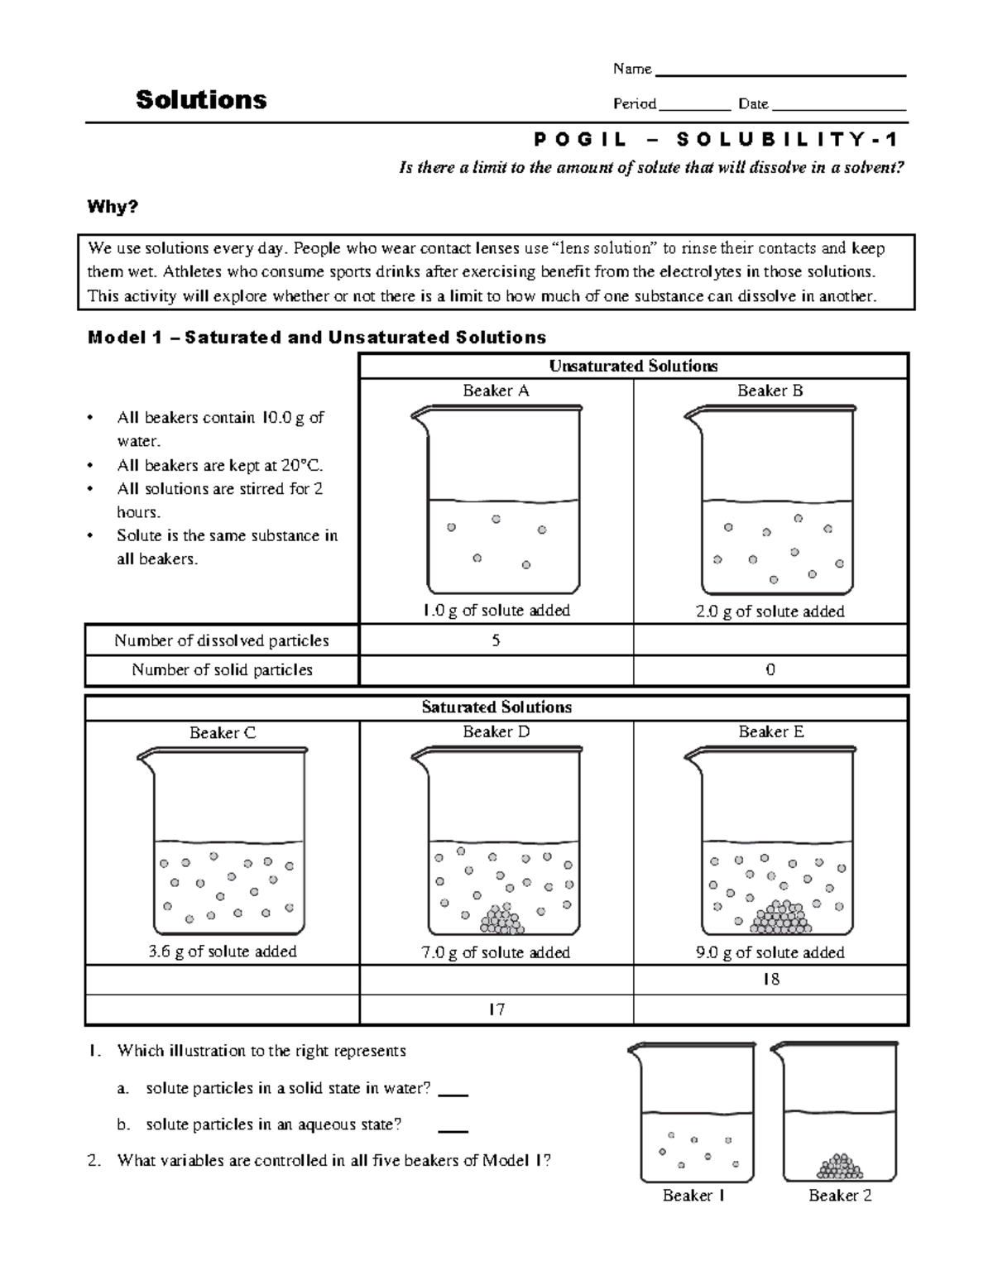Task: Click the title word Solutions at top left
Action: [x=201, y=100]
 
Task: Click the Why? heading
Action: [x=113, y=207]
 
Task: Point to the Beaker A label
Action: [x=496, y=391]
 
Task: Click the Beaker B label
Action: [x=770, y=391]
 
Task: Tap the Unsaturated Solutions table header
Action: [x=633, y=366]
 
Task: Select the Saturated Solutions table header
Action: [x=496, y=707]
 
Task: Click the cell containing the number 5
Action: [x=496, y=640]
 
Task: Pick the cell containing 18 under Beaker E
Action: [x=770, y=980]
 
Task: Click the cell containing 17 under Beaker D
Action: [x=496, y=1009]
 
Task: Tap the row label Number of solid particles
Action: [x=222, y=670]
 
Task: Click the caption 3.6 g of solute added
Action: [x=222, y=952]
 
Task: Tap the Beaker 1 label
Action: [x=693, y=1196]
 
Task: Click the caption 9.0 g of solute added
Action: [x=770, y=952]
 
